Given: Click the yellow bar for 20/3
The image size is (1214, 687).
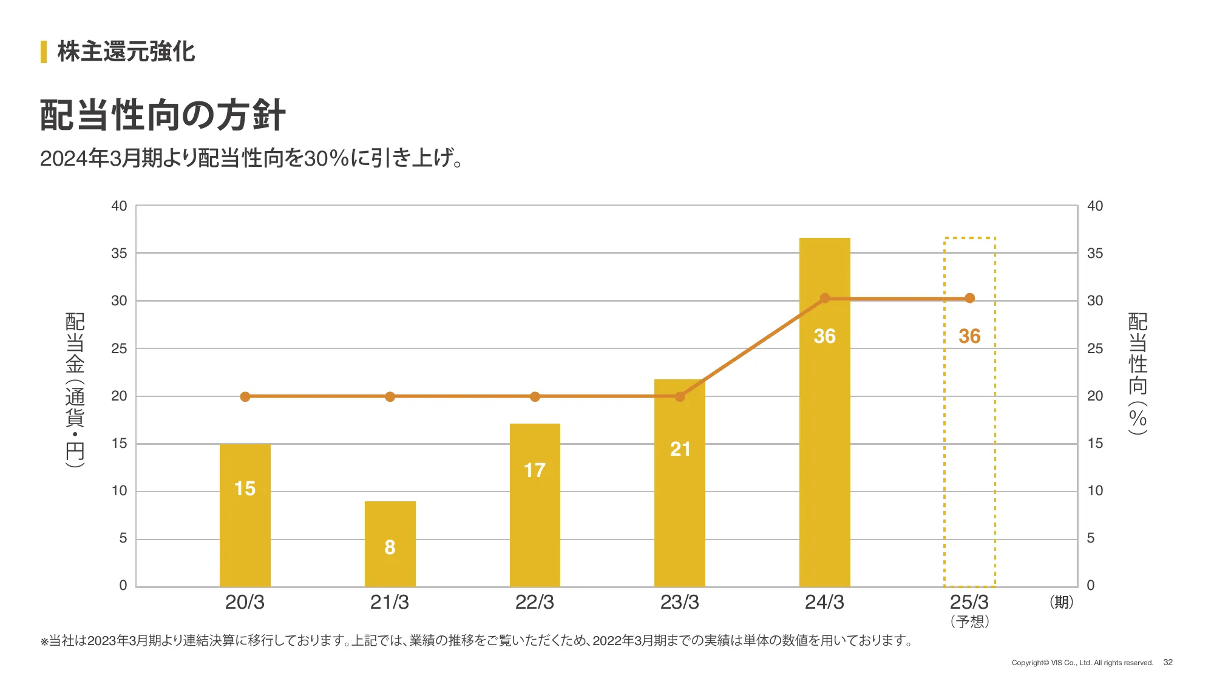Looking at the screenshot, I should pos(245,516).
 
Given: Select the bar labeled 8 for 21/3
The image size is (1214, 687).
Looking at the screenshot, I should pos(390,544).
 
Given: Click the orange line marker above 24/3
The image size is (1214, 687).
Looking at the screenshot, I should pos(824,299).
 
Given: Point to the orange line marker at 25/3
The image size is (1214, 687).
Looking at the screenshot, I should pos(969,299).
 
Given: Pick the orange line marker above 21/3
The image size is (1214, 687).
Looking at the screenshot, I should pos(390,397).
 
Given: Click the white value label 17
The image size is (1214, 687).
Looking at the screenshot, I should pos(534,470).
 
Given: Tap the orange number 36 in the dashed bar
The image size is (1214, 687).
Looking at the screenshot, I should pos(969,336).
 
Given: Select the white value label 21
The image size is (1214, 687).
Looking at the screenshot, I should pos(680,449).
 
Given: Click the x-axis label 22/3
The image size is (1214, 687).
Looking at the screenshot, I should pos(534,602).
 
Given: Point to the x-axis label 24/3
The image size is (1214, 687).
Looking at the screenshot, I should pos(824,602).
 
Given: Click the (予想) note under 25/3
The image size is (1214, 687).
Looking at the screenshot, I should pos(969,621).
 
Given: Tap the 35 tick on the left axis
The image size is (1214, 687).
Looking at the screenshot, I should pos(119,254).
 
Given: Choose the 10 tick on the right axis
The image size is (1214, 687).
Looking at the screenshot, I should pos(1094,490).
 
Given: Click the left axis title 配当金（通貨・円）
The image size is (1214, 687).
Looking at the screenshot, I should pos(75,390).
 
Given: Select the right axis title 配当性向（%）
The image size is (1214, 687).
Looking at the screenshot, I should pos(1138,374).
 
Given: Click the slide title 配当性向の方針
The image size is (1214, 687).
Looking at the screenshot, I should pos(163,115).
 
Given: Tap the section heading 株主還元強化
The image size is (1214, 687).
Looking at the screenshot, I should pos(126,52).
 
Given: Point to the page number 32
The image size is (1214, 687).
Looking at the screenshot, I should pos(1168,662).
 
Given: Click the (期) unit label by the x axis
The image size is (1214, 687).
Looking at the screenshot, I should pos(1061,602).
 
